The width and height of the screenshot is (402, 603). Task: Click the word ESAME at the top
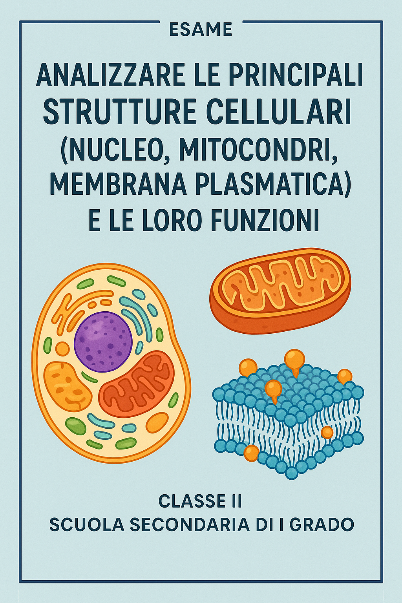(x=201, y=29)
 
